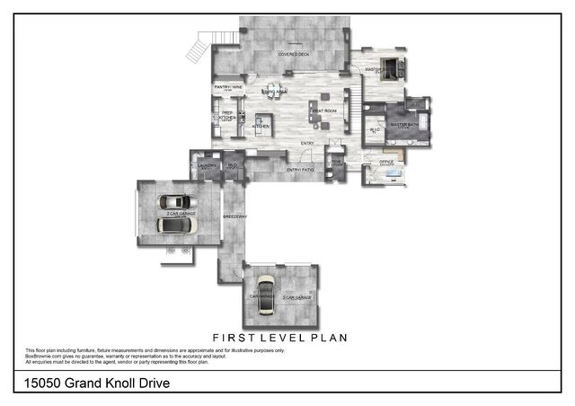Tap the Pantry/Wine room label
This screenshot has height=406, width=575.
(x=225, y=87)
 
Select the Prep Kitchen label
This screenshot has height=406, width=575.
(x=228, y=115)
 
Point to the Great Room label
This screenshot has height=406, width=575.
(x=324, y=110)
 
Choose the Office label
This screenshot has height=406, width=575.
(x=386, y=162)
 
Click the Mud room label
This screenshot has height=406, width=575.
(x=231, y=165)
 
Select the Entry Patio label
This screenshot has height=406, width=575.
(x=299, y=170)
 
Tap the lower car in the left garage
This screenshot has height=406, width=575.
(x=174, y=225)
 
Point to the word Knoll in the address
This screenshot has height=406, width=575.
(x=111, y=384)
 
